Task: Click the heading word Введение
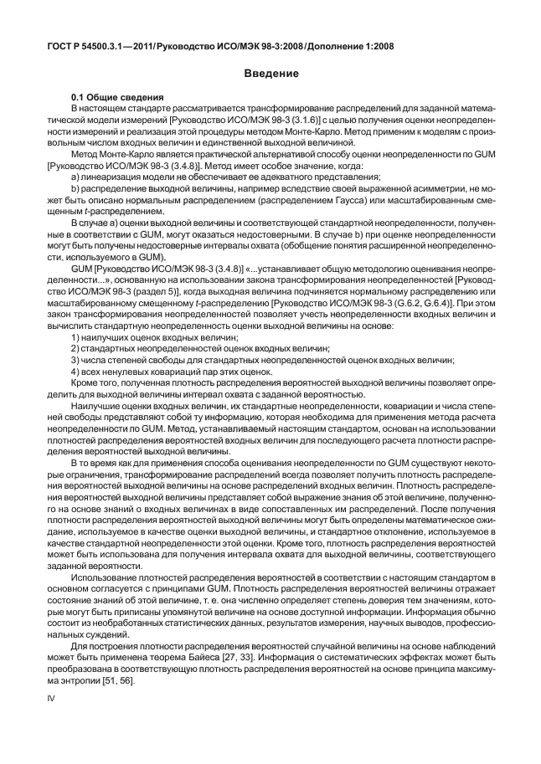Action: [271, 74]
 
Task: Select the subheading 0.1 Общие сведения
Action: [117, 100]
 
